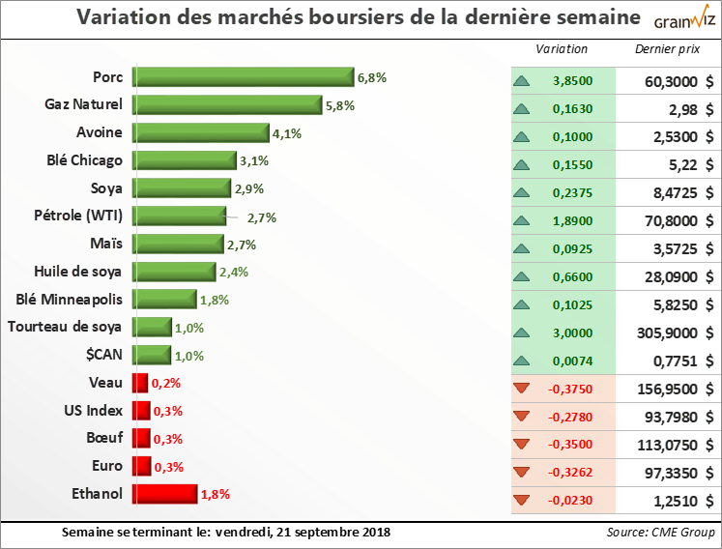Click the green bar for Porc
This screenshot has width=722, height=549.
[x=243, y=77]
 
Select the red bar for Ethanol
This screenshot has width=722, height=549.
[x=164, y=495]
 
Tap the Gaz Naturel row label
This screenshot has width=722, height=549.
[x=83, y=104]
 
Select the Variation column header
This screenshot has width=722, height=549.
[x=561, y=49]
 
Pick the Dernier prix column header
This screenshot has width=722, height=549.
[x=666, y=49]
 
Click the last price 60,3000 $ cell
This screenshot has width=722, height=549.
[x=667, y=82]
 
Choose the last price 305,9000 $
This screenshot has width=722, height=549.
[x=667, y=333]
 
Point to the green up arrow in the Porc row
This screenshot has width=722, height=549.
[x=523, y=82]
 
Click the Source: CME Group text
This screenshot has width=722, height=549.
[x=660, y=533]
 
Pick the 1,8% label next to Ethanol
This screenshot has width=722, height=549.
[x=215, y=495]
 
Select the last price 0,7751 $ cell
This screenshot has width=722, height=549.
[x=667, y=361]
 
